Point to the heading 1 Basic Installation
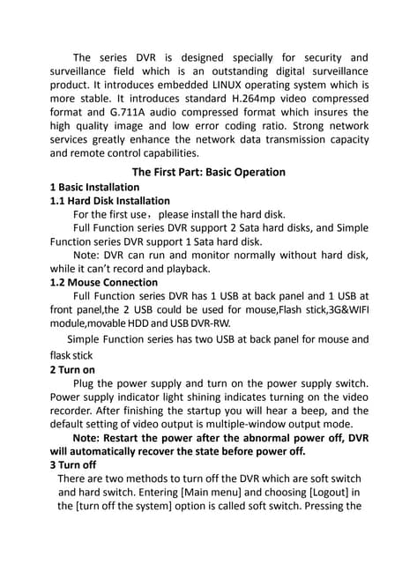(x=94, y=187)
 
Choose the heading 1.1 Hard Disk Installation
(x=110, y=200)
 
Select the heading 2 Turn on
(x=73, y=369)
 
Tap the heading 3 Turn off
(x=73, y=464)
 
